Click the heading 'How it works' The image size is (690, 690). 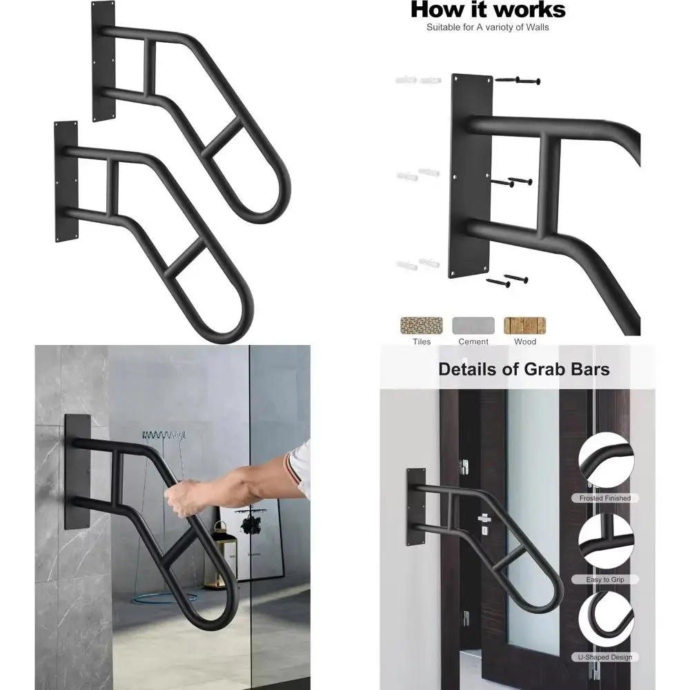[x=488, y=10]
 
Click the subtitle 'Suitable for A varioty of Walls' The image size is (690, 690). [x=487, y=28]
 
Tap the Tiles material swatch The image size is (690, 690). [x=422, y=325]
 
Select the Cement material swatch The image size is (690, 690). [x=473, y=325]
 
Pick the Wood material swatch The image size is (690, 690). [x=524, y=325]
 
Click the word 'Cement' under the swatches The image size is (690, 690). [x=473, y=342]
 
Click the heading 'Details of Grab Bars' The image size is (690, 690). [x=524, y=369]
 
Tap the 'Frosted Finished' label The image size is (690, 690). [x=605, y=498]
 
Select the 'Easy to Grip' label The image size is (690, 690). [x=605, y=580]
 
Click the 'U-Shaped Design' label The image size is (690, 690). [x=605, y=658]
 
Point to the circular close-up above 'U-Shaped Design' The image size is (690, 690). [x=605, y=619]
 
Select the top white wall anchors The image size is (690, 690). [x=418, y=81]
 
